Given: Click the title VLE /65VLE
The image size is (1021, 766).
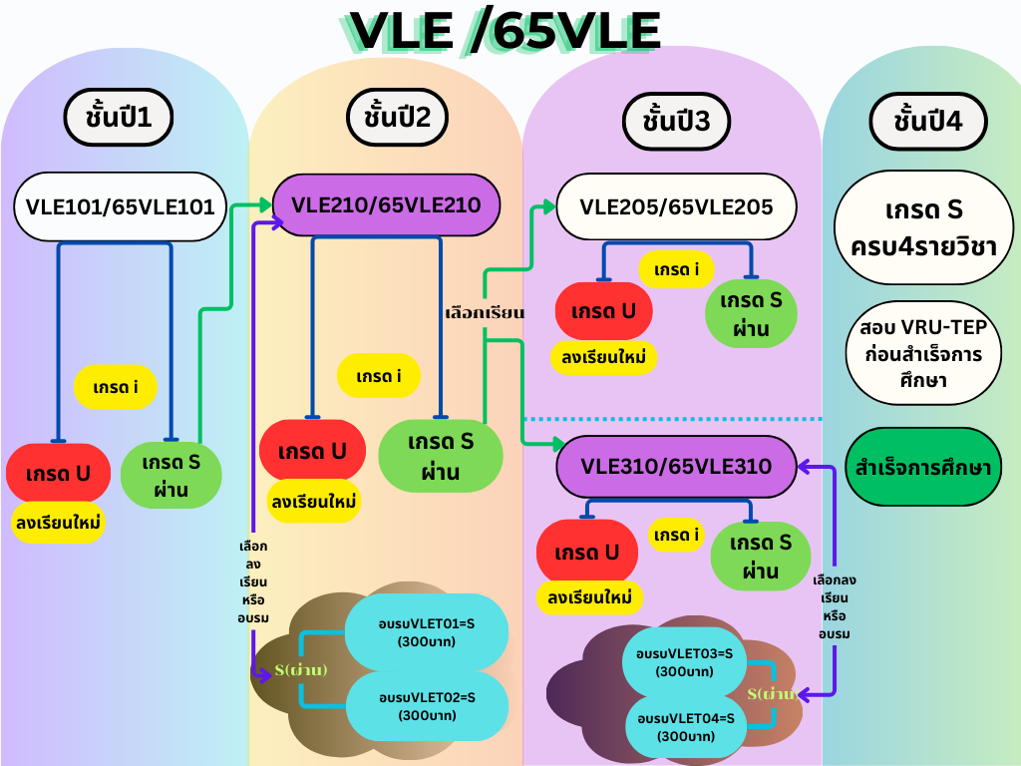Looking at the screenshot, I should tap(506, 31).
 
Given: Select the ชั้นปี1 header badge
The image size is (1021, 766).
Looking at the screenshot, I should tap(119, 118).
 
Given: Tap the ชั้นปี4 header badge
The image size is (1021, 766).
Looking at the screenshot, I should tap(928, 121).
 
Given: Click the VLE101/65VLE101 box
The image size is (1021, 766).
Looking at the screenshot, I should tap(120, 207).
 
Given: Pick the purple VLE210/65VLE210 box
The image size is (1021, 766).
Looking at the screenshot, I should tap(386, 205).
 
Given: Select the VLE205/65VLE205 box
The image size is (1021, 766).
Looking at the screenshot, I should tap(677, 207).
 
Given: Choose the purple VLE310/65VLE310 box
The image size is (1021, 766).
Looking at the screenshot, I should tap(676, 466).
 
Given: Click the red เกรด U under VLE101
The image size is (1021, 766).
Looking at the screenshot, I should tap(59, 473).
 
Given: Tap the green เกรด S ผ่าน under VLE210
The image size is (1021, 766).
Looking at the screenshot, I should tap(440, 456).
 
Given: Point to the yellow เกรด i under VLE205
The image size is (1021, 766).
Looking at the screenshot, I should tap(677, 269).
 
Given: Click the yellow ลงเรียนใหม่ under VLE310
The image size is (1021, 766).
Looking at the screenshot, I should tap(589, 596).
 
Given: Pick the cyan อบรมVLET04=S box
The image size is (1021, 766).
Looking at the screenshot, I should tap(685, 727).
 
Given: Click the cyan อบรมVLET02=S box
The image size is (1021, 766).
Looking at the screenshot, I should tap(427, 706).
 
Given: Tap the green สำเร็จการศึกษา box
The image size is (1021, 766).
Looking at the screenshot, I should tap(922, 467).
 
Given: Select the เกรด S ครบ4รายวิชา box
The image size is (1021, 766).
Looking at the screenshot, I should tap(924, 227).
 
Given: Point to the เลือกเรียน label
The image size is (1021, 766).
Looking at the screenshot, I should tap(485, 312).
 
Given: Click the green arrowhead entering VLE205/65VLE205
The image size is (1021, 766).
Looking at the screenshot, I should tap(548, 207).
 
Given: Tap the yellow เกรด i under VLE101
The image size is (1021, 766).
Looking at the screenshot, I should tap(115, 387).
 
